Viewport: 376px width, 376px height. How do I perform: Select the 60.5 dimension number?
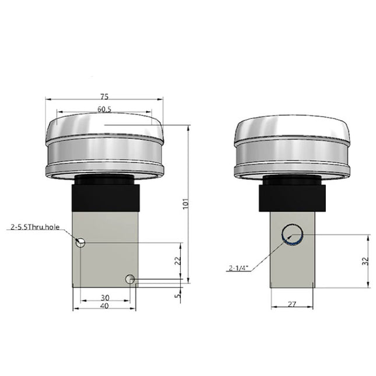(x=105, y=109)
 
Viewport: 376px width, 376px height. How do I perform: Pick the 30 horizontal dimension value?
(x=104, y=297)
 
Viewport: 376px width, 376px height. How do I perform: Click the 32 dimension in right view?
(x=365, y=261)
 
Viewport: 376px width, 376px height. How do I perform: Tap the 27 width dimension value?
(x=293, y=303)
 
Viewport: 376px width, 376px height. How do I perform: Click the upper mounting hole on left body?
(x=81, y=243)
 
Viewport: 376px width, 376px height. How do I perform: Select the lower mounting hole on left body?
(x=131, y=280)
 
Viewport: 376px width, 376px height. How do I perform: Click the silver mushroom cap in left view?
(x=104, y=146)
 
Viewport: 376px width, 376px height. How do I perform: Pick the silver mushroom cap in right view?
(x=292, y=146)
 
